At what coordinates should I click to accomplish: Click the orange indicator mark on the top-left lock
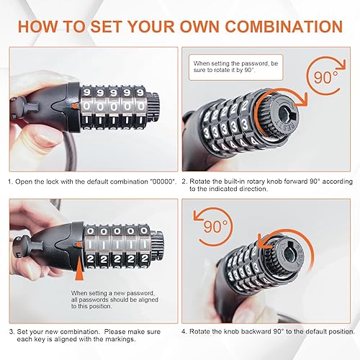tap(74, 107)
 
